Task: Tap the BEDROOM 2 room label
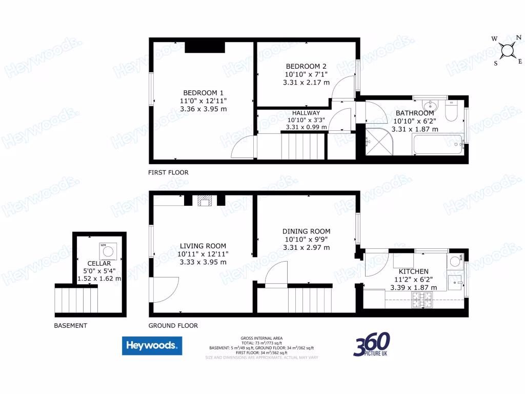pyautogui.click(x=306, y=66)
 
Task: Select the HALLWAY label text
pyautogui.click(x=306, y=113)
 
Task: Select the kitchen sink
pyautogui.click(x=455, y=282)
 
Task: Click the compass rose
pyautogui.click(x=508, y=50)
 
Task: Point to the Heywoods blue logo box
pyautogui.click(x=152, y=346)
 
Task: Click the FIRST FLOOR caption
pyautogui.click(x=168, y=172)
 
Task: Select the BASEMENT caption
pyautogui.click(x=70, y=325)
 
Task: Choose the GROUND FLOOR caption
pyautogui.click(x=173, y=325)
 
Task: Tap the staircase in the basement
pyautogui.click(x=76, y=300)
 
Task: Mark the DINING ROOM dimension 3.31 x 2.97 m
pyautogui.click(x=306, y=248)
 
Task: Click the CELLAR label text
pyautogui.click(x=99, y=263)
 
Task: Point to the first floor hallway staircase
pyautogui.click(x=304, y=145)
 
